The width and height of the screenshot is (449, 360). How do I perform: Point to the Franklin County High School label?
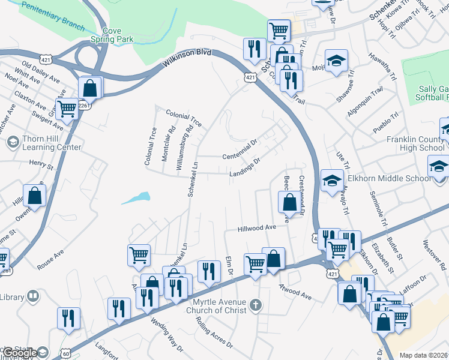(415, 143)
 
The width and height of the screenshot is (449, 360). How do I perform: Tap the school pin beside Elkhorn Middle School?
(332, 181)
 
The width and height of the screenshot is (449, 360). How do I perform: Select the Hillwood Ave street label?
(256, 228)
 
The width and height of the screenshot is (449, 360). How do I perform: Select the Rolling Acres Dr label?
(213, 331)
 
